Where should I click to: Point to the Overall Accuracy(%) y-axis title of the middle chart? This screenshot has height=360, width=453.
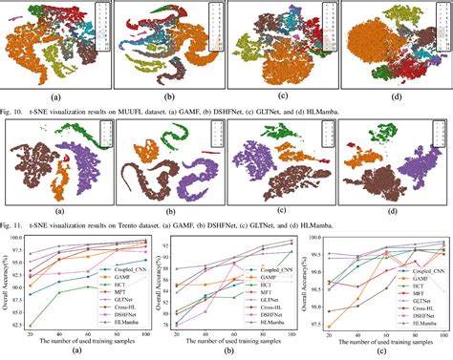(159, 281)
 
